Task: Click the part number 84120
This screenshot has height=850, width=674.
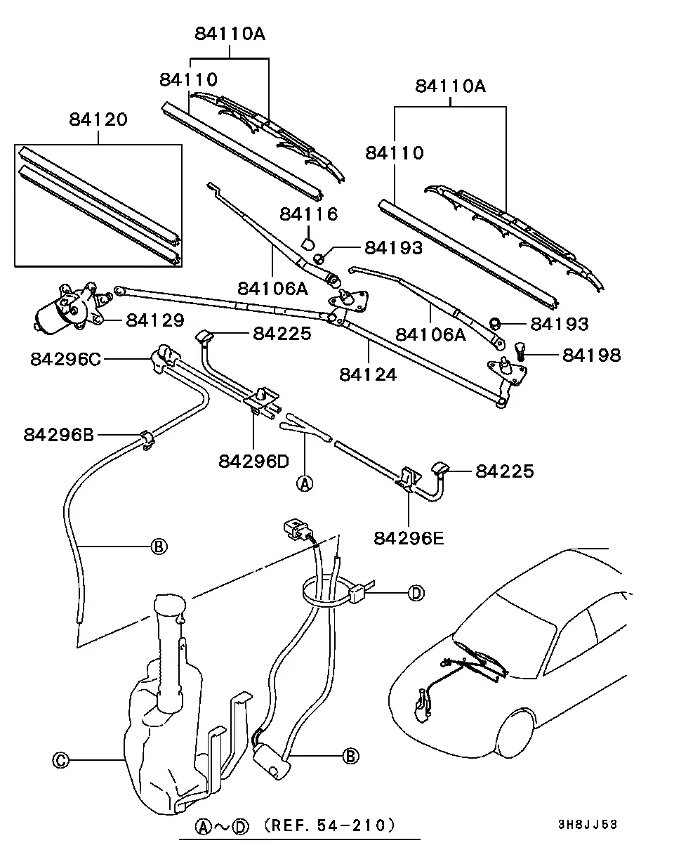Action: [98, 119]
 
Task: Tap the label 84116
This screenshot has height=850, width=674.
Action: [309, 214]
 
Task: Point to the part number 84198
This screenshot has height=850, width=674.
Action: [591, 355]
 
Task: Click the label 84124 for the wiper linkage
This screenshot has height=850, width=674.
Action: [368, 374]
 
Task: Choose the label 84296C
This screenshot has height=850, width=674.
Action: [65, 359]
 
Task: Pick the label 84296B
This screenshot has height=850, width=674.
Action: [58, 435]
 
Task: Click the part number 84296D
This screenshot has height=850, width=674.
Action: [254, 461]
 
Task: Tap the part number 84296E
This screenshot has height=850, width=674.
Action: [409, 538]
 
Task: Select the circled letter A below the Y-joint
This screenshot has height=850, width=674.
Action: [305, 483]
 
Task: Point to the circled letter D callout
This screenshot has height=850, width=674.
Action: [416, 593]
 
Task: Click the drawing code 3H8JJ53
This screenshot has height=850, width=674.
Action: [587, 824]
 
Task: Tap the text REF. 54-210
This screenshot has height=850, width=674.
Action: [329, 825]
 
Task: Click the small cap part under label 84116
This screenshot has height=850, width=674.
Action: [308, 243]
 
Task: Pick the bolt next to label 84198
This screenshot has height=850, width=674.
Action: [520, 351]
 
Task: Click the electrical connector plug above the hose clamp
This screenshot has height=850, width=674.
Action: [296, 529]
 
